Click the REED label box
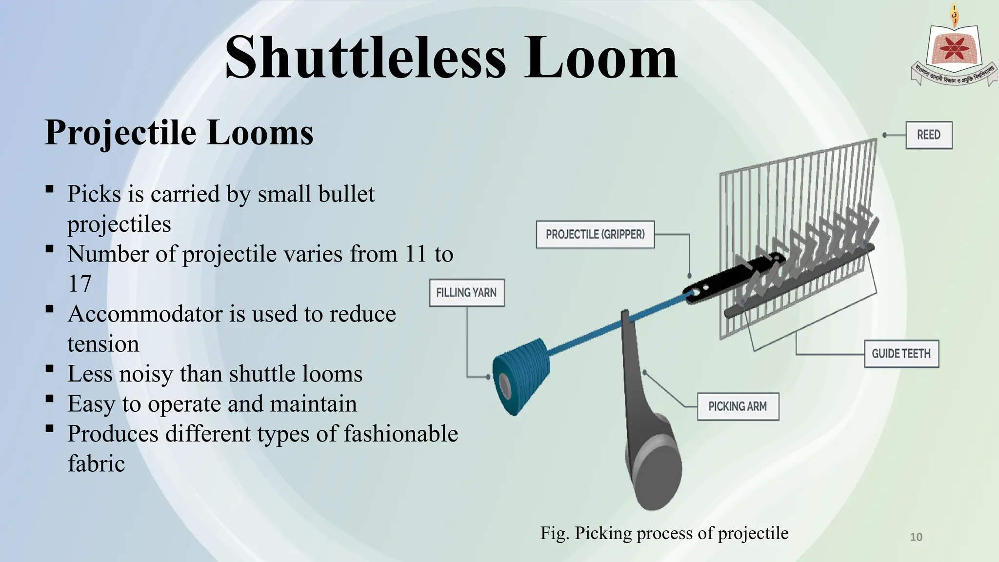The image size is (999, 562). [x=929, y=135]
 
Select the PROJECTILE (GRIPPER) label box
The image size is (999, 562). [x=595, y=235]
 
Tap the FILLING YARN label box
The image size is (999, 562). [x=466, y=293]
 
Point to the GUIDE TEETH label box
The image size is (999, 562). [x=901, y=354]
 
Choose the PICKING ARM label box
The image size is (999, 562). [x=737, y=406]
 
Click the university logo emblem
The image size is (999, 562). [x=954, y=49]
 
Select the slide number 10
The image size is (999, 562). [x=916, y=537]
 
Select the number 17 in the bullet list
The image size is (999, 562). [x=80, y=284]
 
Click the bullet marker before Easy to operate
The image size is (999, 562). [x=49, y=399]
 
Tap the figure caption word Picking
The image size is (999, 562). [x=603, y=533]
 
